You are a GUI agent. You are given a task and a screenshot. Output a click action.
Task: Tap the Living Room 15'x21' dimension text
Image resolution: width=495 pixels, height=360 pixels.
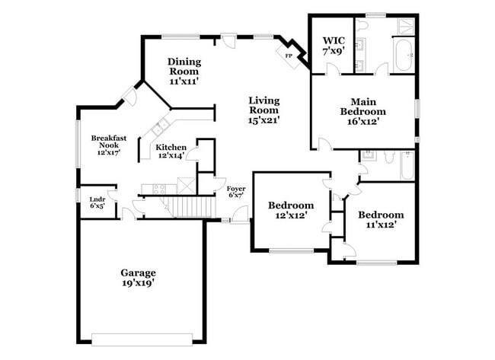(264, 119)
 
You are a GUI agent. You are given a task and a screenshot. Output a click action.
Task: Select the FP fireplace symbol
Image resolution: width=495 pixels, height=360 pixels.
(289, 56)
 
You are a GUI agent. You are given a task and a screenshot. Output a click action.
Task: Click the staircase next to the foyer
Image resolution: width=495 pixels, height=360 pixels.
(187, 206)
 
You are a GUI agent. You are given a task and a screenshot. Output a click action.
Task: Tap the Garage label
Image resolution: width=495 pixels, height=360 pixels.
(138, 272)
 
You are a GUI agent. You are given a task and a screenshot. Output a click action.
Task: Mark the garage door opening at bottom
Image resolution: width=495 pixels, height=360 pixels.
(145, 339)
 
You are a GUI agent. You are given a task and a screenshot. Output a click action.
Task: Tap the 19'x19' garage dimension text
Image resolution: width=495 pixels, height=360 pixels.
(138, 283)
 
